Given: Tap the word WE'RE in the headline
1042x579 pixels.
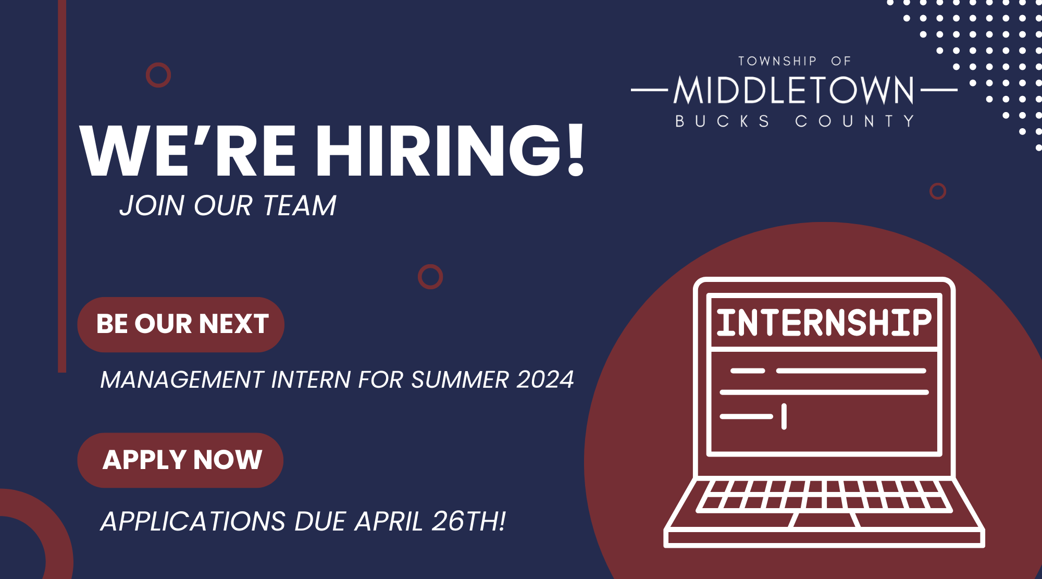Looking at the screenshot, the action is pyautogui.click(x=188, y=151).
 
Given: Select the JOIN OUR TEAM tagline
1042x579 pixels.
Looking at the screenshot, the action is pyautogui.click(x=228, y=205).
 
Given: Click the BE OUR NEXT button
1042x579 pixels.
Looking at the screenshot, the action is pyautogui.click(x=181, y=324).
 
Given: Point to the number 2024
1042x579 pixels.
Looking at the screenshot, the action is pyautogui.click(x=545, y=379).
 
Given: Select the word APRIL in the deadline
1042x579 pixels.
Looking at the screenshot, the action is pyautogui.click(x=389, y=521).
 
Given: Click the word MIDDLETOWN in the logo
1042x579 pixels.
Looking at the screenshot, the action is pyautogui.click(x=794, y=90).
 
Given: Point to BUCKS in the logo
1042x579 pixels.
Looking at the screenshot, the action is pyautogui.click(x=722, y=121).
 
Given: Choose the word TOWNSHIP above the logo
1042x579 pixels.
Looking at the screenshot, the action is pyautogui.click(x=777, y=61).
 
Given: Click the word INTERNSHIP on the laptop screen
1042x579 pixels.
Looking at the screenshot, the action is pyautogui.click(x=824, y=323).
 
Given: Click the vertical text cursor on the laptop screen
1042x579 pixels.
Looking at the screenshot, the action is pyautogui.click(x=784, y=416).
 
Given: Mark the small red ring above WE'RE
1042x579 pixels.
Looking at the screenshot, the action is pyautogui.click(x=158, y=75).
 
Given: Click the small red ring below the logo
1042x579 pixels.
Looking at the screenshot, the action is pyautogui.click(x=938, y=191).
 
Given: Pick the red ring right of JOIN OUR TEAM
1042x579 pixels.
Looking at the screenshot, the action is pyautogui.click(x=430, y=277).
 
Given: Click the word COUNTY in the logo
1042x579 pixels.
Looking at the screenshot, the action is pyautogui.click(x=854, y=121).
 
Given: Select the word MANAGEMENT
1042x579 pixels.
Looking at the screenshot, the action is pyautogui.click(x=182, y=379).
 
